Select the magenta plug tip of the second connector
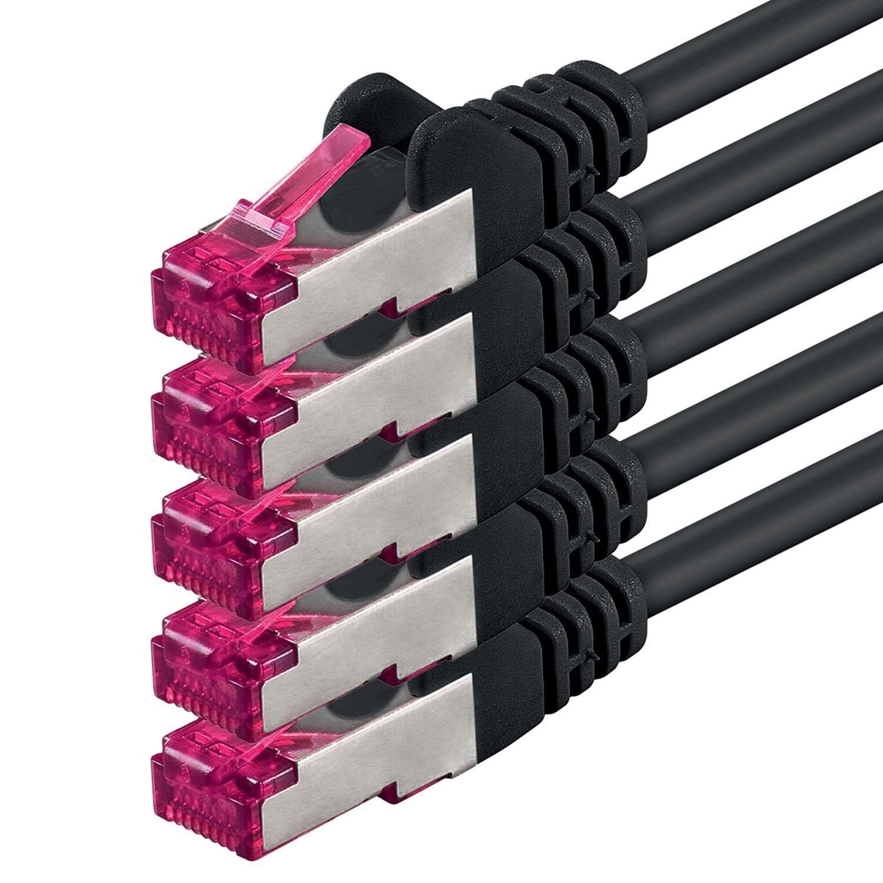pyautogui.click(x=206, y=412)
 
